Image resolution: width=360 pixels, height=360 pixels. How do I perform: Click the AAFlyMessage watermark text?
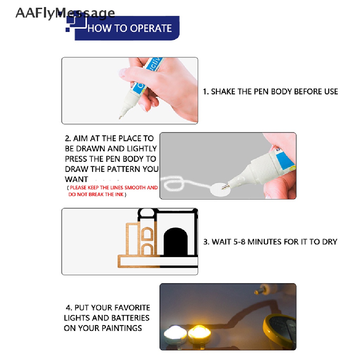pos(65,13)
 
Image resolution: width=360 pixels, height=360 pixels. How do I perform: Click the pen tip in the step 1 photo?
pos(120,117)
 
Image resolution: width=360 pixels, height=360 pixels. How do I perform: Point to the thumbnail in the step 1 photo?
pos(123,73)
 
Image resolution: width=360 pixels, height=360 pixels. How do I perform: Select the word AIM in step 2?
pos(81,139)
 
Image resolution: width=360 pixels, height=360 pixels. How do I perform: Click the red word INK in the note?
pos(120,194)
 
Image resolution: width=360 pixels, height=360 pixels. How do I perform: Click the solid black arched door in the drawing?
pos(176,242)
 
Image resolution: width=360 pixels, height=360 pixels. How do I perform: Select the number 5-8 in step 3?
pos(239,242)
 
